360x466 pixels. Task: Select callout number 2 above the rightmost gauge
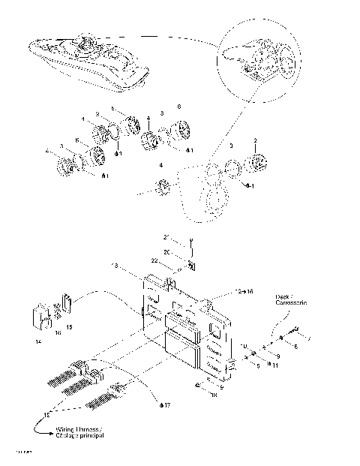click(x=256, y=141)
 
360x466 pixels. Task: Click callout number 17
click(x=166, y=405)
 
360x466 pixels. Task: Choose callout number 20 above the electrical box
click(x=168, y=252)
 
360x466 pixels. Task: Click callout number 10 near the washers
click(x=244, y=347)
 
